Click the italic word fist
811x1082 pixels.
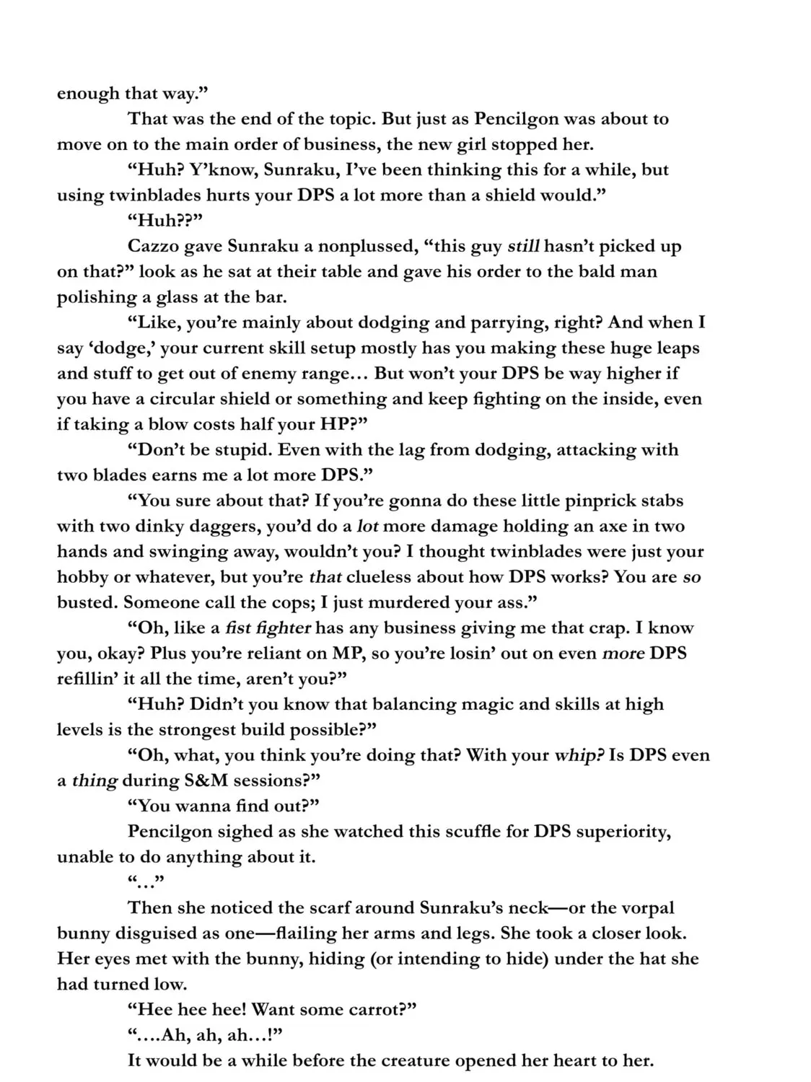(x=238, y=628)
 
